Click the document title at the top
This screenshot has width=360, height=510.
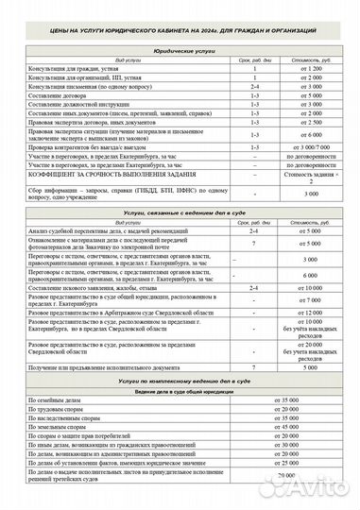point(180,31)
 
